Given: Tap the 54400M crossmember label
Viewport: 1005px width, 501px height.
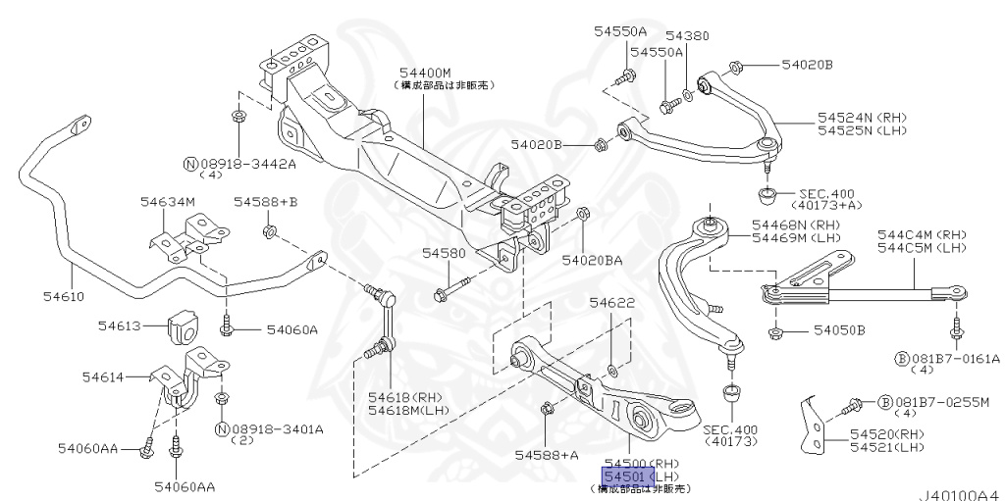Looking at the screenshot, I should pyautogui.click(x=425, y=73).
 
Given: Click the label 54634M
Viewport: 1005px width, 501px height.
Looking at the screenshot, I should pyautogui.click(x=168, y=202).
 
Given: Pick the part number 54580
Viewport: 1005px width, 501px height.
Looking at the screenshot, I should pyautogui.click(x=444, y=253).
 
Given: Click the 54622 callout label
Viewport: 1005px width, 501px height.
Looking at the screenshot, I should pyautogui.click(x=614, y=305).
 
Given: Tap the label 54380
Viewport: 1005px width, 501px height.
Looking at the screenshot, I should pyautogui.click(x=687, y=36).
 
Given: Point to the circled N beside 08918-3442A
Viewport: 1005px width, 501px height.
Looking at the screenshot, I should pyautogui.click(x=192, y=162).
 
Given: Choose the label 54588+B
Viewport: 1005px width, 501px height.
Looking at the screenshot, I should pyautogui.click(x=265, y=202).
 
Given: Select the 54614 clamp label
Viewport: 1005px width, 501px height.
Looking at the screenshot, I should pyautogui.click(x=102, y=376).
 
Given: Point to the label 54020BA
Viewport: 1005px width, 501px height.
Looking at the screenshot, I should pyautogui.click(x=592, y=261).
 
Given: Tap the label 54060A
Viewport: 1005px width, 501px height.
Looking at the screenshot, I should pyautogui.click(x=291, y=330).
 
